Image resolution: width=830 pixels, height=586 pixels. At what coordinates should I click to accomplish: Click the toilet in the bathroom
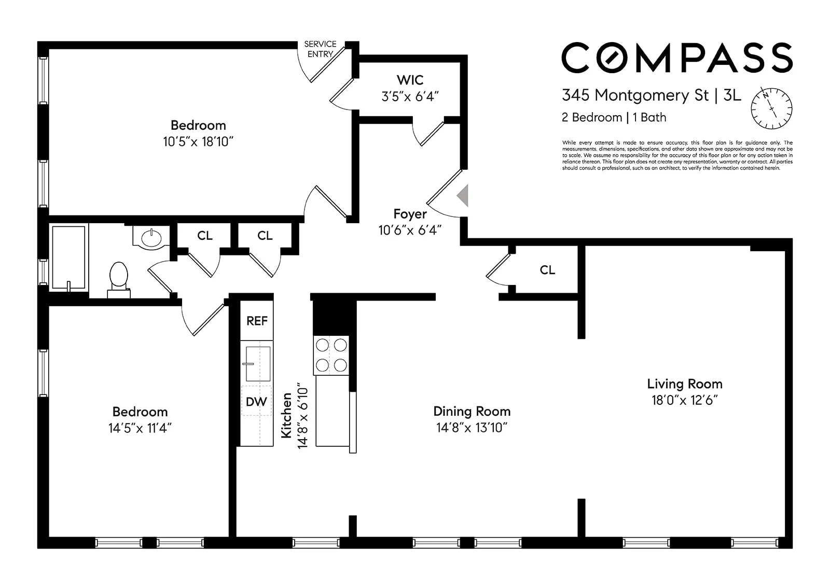pyautogui.click(x=119, y=277)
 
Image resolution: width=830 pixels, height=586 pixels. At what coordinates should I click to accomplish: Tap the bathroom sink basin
pyautogui.click(x=151, y=238)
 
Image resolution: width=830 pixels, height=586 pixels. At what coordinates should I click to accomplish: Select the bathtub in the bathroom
pyautogui.click(x=68, y=256)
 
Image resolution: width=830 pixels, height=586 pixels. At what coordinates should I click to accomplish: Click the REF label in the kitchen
pyautogui.click(x=257, y=321)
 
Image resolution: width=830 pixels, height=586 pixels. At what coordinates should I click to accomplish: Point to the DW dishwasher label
pyautogui.click(x=256, y=401)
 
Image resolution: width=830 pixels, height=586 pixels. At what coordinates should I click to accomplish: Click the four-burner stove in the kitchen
pyautogui.click(x=331, y=356)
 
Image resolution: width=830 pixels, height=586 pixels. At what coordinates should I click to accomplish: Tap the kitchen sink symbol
pyautogui.click(x=257, y=363)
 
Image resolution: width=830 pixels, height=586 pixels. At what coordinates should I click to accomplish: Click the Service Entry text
pyautogui.click(x=320, y=49)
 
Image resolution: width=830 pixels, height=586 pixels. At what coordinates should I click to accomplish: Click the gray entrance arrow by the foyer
pyautogui.click(x=463, y=196)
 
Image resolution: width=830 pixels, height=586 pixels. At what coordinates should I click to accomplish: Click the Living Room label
pyautogui.click(x=684, y=384)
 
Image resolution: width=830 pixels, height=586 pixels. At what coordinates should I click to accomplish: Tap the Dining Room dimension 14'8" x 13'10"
pyautogui.click(x=471, y=428)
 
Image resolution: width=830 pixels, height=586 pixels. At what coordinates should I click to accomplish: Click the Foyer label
pyautogui.click(x=410, y=214)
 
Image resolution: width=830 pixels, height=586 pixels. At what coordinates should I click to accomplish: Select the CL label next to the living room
pyautogui.click(x=547, y=270)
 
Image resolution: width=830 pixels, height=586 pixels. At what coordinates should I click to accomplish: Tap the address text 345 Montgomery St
pyautogui.click(x=635, y=96)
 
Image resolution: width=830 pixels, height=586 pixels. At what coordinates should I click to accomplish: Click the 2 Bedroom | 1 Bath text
pyautogui.click(x=614, y=118)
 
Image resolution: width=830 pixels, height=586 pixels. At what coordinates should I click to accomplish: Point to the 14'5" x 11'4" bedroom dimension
pyautogui.click(x=140, y=428)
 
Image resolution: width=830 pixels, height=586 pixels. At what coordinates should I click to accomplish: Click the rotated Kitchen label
pyautogui.click(x=286, y=415)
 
